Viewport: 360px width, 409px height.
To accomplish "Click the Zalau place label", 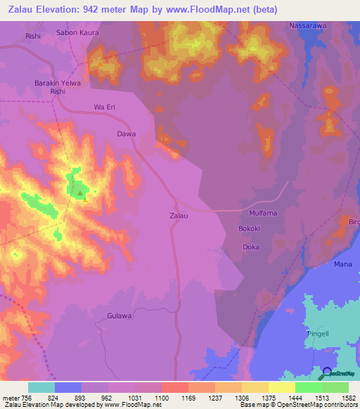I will (x=179, y=216).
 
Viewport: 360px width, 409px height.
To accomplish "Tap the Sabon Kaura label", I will (x=77, y=33).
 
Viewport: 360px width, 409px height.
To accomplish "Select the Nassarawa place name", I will (x=307, y=25).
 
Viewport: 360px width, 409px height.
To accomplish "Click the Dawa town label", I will (x=126, y=133).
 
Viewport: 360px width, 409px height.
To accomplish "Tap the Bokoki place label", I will (x=250, y=229).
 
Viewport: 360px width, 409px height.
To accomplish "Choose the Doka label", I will (x=251, y=247).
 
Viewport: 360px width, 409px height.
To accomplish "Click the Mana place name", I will (x=342, y=264).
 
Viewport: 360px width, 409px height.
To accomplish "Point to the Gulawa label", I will (x=120, y=316).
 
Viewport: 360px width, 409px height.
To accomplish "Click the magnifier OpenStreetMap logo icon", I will (x=325, y=374).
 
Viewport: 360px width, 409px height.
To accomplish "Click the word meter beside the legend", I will (x=11, y=398).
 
